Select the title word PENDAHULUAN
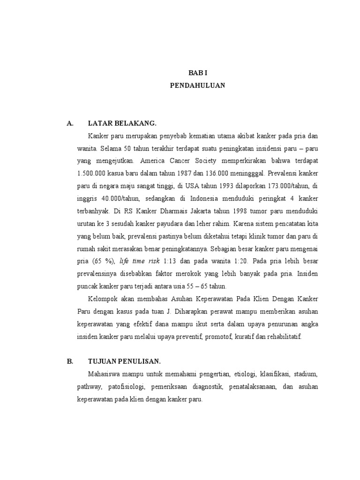197,86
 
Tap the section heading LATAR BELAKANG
121,123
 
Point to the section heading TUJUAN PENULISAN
124,361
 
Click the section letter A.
70,123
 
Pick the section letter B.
70,361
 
